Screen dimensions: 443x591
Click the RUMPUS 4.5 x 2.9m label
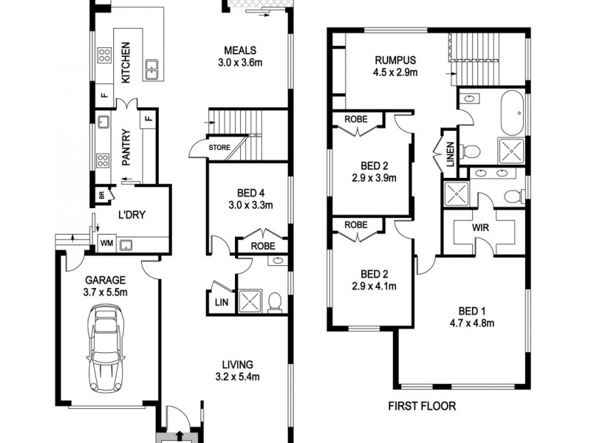396,66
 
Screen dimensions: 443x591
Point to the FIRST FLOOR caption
422,406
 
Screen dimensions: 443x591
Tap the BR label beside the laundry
100,196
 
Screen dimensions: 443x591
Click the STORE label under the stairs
219,147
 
